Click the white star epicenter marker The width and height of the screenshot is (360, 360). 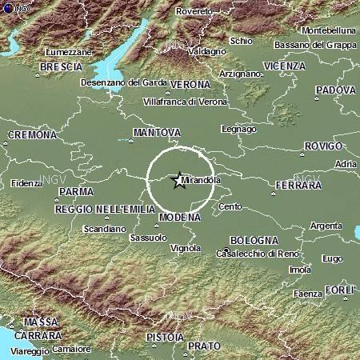178,181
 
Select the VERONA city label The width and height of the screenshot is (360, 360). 190,84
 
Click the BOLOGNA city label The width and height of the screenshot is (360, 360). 254,240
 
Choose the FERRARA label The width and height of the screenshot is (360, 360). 297,186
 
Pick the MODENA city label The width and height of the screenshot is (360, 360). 179,217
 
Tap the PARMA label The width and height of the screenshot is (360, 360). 76,192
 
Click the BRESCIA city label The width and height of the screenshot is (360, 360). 61,66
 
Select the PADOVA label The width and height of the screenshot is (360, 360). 335,90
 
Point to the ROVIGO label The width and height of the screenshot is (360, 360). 324,146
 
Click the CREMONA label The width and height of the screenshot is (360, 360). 32,135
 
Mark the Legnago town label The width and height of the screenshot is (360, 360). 239,129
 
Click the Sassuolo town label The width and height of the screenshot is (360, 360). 147,237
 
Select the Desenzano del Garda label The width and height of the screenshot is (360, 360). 122,82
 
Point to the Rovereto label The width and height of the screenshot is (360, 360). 194,12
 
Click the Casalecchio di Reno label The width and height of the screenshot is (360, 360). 255,254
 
